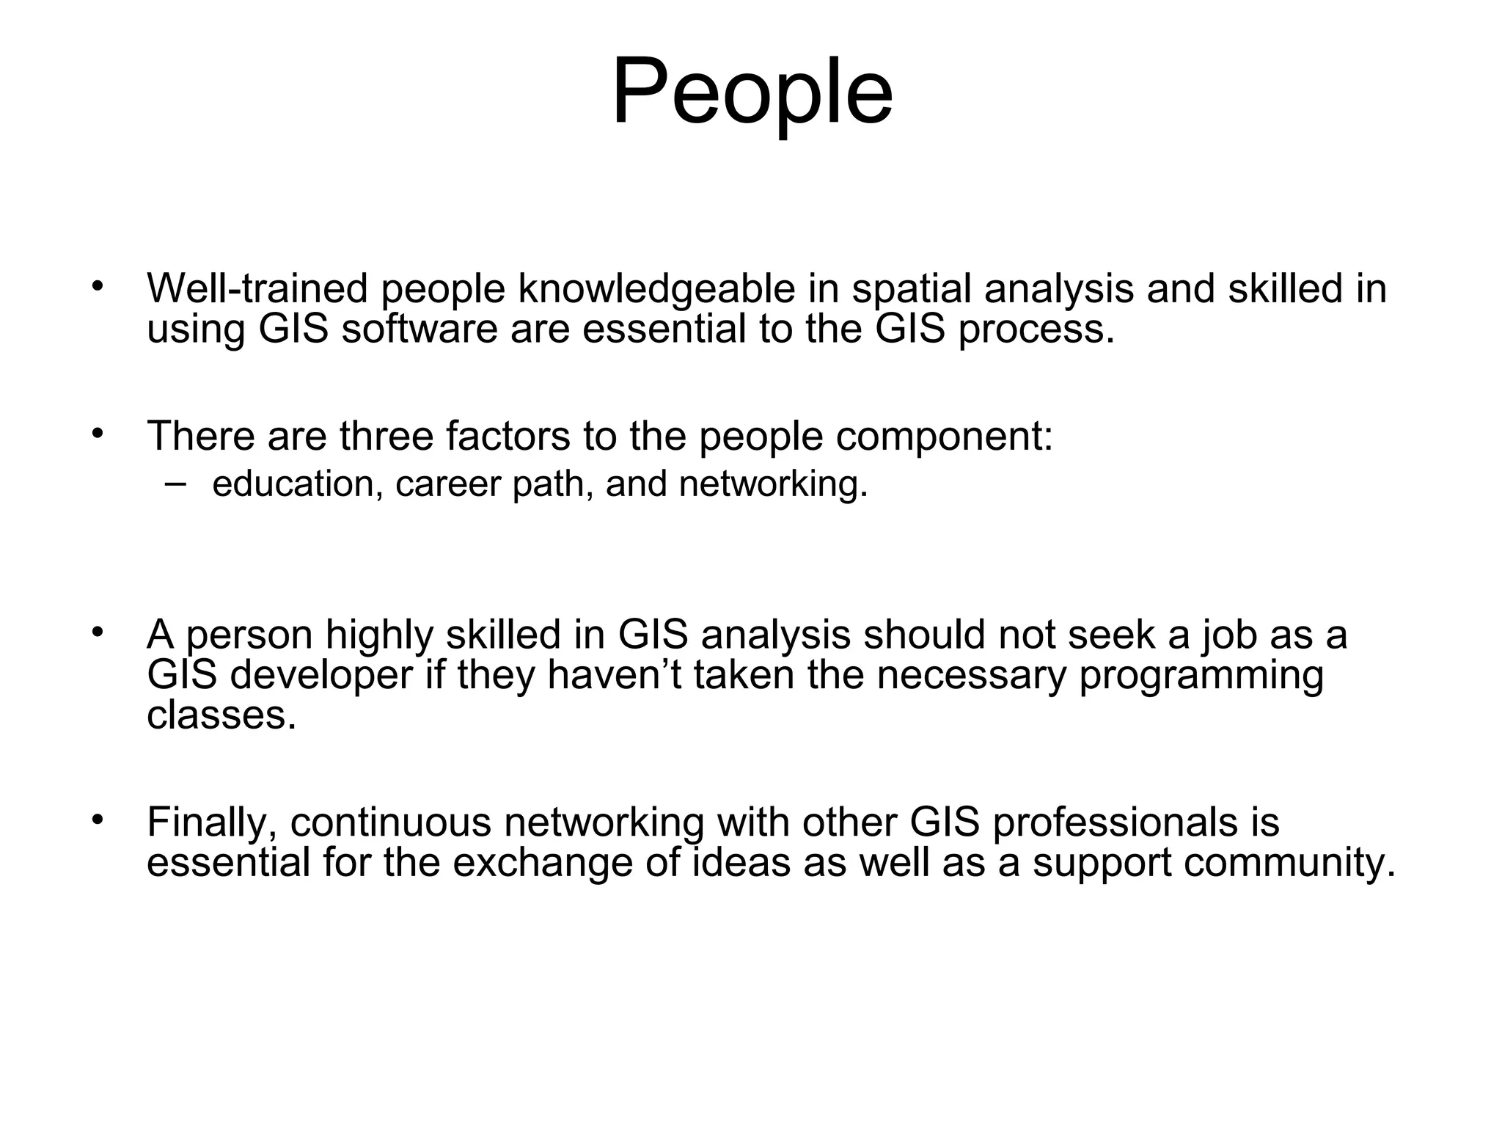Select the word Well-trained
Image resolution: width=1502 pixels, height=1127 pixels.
257,288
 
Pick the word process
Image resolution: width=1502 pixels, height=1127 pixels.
1036,329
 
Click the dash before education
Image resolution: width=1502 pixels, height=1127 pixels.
175,483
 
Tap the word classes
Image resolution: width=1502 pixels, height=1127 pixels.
221,714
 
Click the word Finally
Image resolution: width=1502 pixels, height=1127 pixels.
212,823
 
